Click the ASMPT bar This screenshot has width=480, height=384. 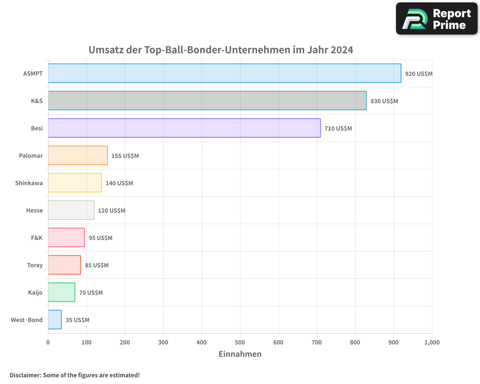[x=224, y=73]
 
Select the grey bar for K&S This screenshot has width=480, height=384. [x=207, y=101]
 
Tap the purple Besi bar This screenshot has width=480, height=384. [x=184, y=128]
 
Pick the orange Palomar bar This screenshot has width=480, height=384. [x=78, y=156]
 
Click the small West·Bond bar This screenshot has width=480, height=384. [x=55, y=320]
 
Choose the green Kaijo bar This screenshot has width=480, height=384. [x=61, y=292]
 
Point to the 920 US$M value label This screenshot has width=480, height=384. [x=419, y=74]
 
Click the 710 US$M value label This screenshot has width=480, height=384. [x=338, y=129]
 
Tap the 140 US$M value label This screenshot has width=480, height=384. [x=119, y=183]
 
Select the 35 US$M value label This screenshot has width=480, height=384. [x=77, y=320]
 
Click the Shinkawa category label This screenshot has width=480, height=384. [x=29, y=183]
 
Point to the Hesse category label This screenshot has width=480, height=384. [x=35, y=210]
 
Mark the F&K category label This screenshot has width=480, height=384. [x=36, y=238]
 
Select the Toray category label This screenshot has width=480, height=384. [x=35, y=265]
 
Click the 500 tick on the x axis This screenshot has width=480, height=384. [x=240, y=342]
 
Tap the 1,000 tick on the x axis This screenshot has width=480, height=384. [x=432, y=342]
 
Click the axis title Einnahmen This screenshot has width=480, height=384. [x=240, y=354]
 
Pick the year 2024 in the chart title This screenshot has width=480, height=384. [x=342, y=50]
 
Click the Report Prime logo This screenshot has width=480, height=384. [x=436, y=19]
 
